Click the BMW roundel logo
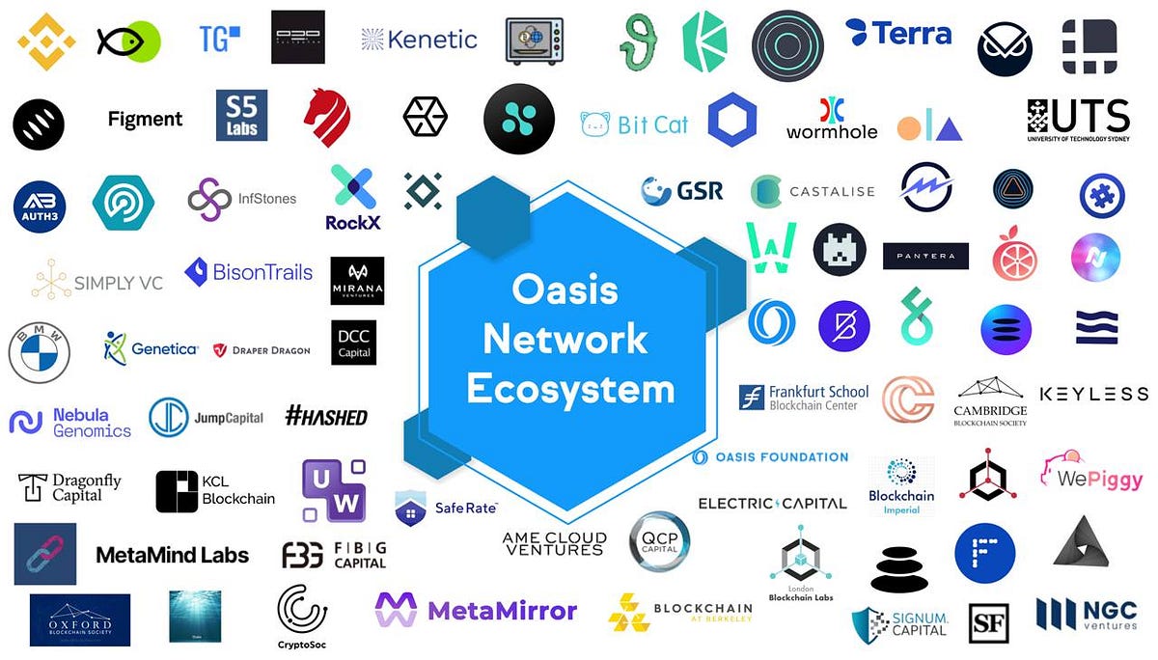point(40,352)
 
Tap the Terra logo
point(898,34)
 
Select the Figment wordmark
point(145,120)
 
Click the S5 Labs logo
point(241,116)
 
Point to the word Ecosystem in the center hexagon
point(570,389)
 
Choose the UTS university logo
point(1078,119)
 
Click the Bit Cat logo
point(634,124)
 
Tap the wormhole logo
point(832,119)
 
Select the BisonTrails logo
point(249,272)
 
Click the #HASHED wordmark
point(326,417)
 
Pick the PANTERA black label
point(925,256)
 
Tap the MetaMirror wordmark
point(477,610)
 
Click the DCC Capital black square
point(353,344)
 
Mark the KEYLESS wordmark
point(1093,394)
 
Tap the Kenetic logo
point(420,40)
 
